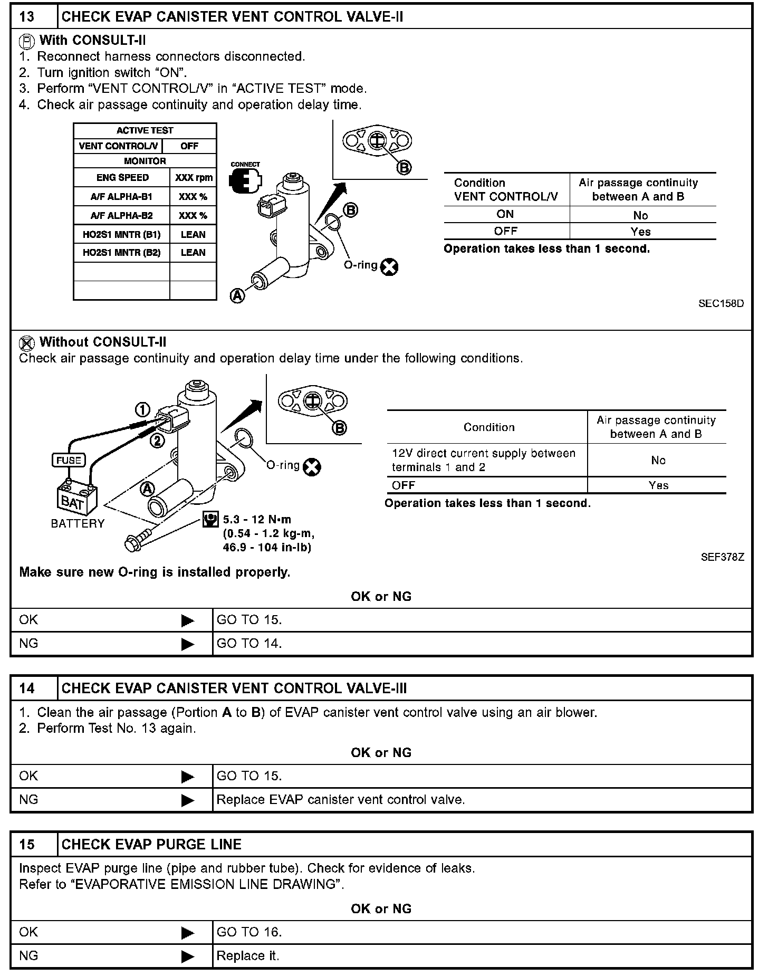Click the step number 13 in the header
click(x=26, y=17)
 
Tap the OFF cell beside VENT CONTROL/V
click(x=189, y=146)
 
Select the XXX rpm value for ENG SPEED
click(x=194, y=178)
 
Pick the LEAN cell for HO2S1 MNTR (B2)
click(x=193, y=253)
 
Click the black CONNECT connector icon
click(x=245, y=181)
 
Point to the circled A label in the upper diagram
click(x=238, y=296)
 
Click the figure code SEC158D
click(x=721, y=303)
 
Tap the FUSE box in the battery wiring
click(x=69, y=460)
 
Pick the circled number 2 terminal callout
click(x=157, y=441)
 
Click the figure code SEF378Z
click(x=722, y=557)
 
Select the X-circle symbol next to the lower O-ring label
click(x=313, y=467)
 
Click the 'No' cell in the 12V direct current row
click(x=658, y=461)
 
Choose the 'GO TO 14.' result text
click(x=249, y=643)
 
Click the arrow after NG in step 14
click(x=187, y=800)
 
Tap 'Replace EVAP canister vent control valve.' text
click(x=341, y=800)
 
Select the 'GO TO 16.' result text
click(x=249, y=932)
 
